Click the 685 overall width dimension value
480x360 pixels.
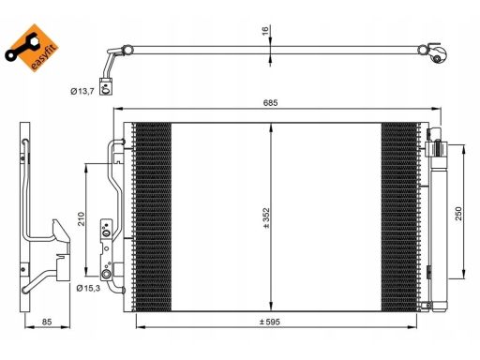tap(270, 102)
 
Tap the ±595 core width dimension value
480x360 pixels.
tap(270, 322)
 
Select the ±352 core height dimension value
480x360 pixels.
tap(266, 217)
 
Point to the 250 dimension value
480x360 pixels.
tap(458, 214)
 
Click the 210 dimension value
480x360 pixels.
tap(82, 218)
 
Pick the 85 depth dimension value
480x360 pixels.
tap(47, 322)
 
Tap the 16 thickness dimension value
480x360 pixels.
tap(265, 31)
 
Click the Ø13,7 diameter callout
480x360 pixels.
tap(82, 91)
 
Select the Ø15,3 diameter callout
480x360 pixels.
tap(88, 288)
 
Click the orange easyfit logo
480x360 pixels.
tap(32, 48)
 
